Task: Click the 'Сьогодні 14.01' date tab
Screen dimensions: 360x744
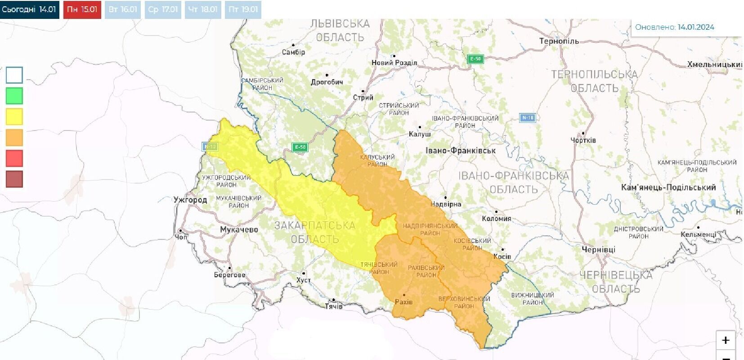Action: [29, 9]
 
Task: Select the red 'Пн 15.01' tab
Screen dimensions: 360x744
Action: [82, 9]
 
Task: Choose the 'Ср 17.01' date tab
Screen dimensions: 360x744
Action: [163, 9]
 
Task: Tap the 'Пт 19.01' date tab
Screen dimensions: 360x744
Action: [243, 9]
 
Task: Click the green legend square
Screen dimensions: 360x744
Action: [14, 96]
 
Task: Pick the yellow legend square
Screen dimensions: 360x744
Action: [14, 117]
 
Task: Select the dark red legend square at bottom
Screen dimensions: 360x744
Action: [14, 179]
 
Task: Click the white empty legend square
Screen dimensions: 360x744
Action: [14, 75]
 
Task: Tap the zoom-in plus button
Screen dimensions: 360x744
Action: [725, 340]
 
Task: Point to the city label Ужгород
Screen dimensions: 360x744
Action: [190, 200]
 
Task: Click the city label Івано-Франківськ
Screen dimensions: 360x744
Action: [460, 151]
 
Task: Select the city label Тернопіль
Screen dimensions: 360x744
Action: [559, 41]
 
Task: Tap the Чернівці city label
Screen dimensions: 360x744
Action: [599, 249]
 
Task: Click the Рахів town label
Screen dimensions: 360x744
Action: [403, 302]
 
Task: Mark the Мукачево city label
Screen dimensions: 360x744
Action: [239, 230]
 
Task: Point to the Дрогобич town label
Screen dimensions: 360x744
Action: [327, 82]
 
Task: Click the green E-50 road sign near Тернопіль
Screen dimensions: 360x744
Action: [475, 59]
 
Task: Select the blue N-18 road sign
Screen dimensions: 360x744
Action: [527, 118]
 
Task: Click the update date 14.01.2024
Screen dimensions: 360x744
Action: [696, 27]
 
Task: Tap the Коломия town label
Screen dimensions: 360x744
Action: [496, 219]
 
